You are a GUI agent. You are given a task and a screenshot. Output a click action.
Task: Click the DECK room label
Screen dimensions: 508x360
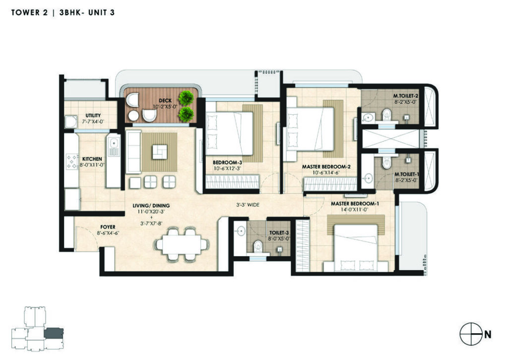165,100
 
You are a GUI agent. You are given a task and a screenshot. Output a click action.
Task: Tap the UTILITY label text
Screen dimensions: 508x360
93,116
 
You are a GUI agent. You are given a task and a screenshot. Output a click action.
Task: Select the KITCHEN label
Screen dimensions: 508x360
92,159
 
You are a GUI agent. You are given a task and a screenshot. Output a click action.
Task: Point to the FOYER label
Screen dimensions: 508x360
108,227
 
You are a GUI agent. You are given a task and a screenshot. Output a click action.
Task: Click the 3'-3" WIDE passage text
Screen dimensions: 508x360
248,205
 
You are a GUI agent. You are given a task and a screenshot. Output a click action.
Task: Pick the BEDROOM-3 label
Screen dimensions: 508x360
227,162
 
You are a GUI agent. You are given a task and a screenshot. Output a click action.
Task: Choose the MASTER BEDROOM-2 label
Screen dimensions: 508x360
326,167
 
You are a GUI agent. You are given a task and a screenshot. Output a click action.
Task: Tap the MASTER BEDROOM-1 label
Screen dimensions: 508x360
355,204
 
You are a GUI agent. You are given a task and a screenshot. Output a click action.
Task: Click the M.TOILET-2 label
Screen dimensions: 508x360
406,96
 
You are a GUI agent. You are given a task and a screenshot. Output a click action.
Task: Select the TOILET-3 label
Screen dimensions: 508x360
279,233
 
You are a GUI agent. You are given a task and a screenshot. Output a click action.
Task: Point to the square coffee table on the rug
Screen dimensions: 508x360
159,152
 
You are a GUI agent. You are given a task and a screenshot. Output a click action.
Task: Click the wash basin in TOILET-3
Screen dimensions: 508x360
241,230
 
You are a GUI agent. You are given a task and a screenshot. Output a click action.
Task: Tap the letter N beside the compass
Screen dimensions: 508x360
488,334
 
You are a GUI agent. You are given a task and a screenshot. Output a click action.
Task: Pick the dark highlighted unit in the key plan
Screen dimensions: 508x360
54,334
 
